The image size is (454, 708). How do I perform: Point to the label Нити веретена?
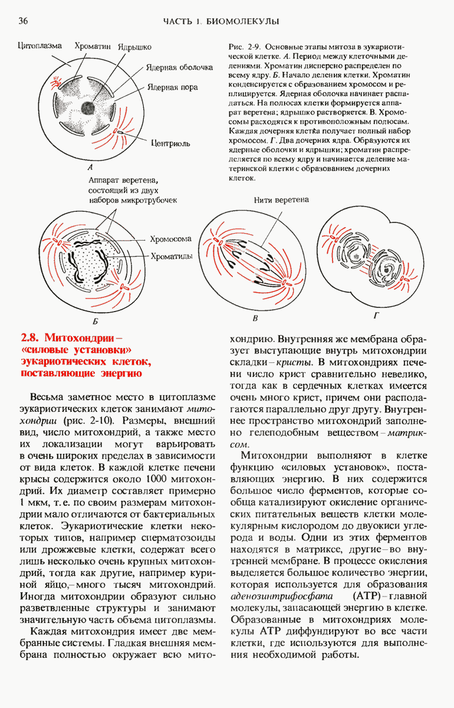[281, 200]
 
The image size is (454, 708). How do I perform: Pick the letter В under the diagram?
[255, 319]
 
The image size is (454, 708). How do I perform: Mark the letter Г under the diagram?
[376, 316]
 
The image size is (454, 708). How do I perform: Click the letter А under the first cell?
[88, 167]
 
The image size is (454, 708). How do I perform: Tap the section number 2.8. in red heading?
[29, 339]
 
